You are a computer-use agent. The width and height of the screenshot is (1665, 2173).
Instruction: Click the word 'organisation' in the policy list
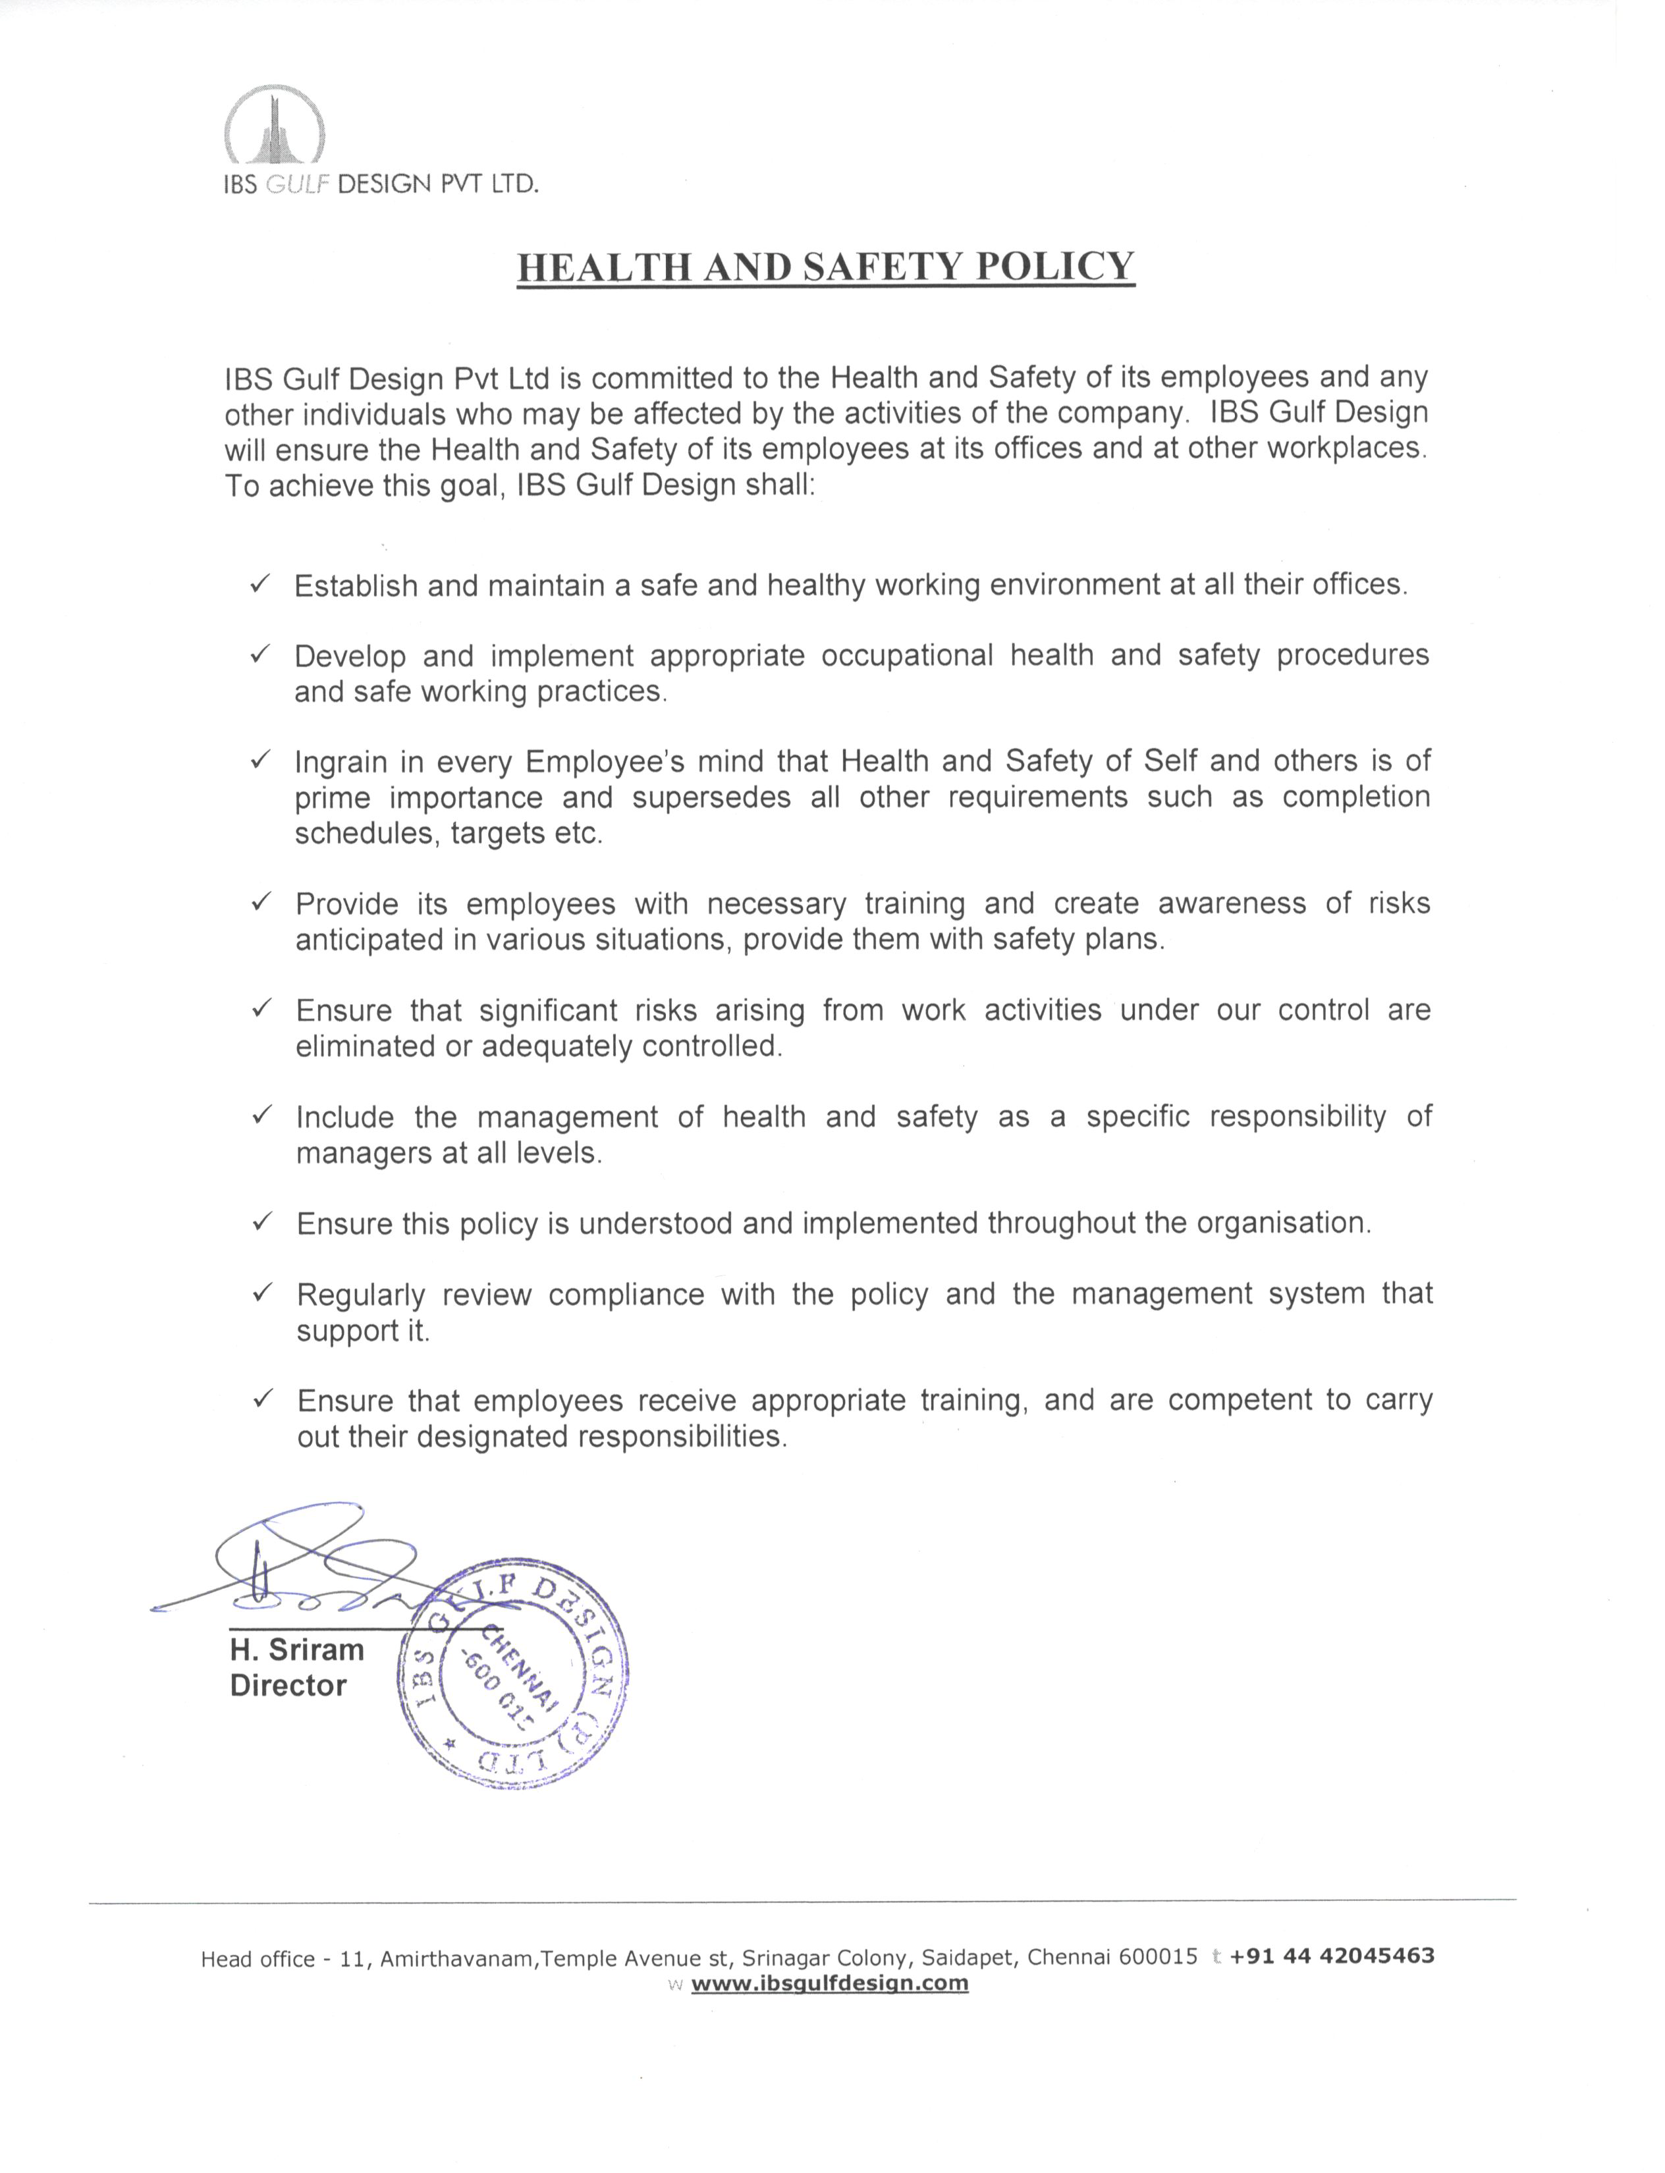pyautogui.click(x=1282, y=1223)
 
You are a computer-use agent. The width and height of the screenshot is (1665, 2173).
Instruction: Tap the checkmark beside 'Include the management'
pyautogui.click(x=261, y=1115)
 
